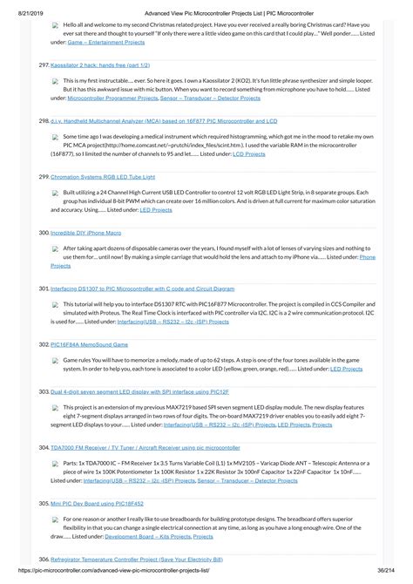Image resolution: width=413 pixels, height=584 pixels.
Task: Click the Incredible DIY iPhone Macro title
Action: coord(85,233)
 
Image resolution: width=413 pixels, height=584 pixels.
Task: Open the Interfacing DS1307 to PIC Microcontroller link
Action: coord(143,288)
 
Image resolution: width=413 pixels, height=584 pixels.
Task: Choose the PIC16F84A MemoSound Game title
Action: coord(89,344)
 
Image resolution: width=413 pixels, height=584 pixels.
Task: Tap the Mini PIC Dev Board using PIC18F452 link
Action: coord(97,503)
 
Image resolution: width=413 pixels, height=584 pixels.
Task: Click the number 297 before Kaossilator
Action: coord(44,65)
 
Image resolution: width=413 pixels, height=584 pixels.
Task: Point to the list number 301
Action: coord(44,288)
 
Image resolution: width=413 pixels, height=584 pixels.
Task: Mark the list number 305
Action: coord(44,503)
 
